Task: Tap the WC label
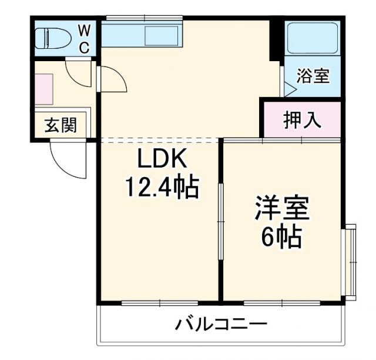click(84, 39)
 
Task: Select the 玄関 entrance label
click(61, 125)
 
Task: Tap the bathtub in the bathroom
click(313, 39)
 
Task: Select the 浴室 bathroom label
click(313, 76)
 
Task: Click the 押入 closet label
click(302, 120)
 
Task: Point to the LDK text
click(162, 159)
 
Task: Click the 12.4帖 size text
click(162, 188)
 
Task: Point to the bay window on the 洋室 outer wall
click(351, 261)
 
